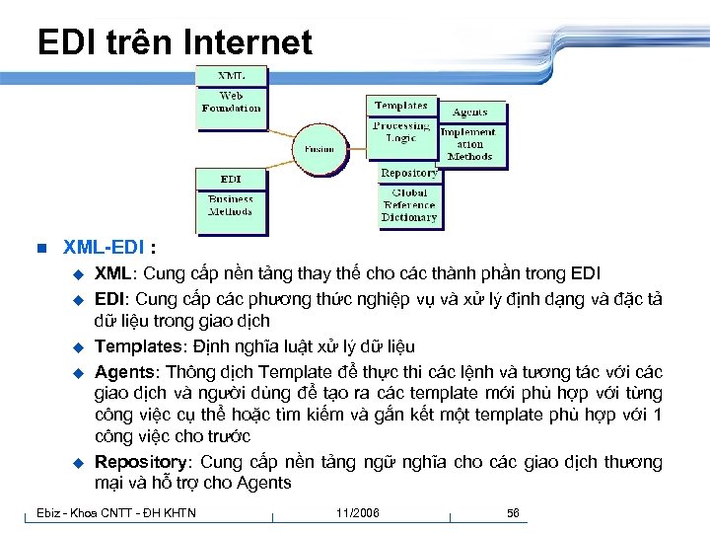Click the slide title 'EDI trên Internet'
175,42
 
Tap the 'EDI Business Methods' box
231,199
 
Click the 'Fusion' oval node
319,149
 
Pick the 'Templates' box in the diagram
400,106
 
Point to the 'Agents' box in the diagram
469,113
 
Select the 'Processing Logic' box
400,133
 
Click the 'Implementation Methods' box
469,144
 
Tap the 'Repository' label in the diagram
408,174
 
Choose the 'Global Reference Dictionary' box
408,205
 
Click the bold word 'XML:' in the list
114,273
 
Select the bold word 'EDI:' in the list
112,298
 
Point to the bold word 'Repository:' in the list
144,462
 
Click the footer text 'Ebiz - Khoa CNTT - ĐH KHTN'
116,512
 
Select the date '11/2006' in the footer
357,513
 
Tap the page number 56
513,513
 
